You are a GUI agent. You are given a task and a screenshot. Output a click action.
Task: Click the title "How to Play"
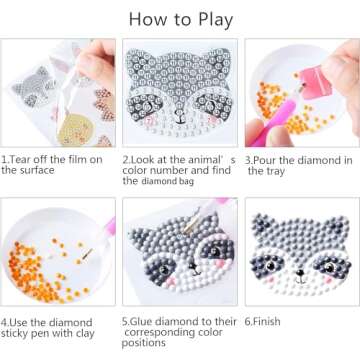pos(180,18)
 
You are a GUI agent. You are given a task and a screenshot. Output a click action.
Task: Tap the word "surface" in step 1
pos(21,170)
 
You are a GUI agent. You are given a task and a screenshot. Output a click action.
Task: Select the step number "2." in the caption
pos(127,159)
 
